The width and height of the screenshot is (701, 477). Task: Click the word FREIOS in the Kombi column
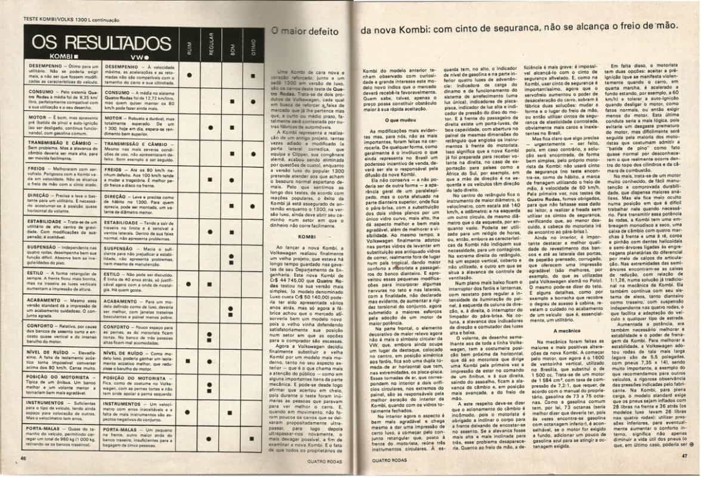click(38, 169)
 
